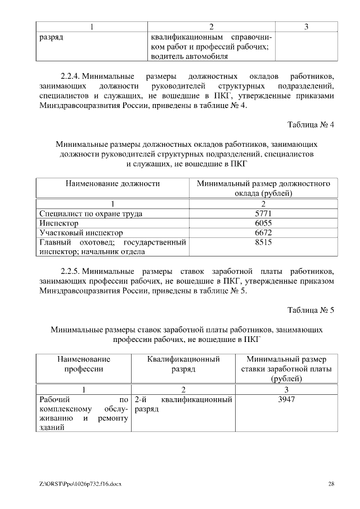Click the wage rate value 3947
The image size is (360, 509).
click(x=286, y=400)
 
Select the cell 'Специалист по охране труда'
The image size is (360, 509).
click(x=91, y=214)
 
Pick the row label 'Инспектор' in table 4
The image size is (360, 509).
click(x=58, y=223)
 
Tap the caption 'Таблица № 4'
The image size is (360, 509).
click(x=310, y=125)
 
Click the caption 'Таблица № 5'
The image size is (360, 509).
click(x=310, y=310)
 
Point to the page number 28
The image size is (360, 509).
click(x=331, y=484)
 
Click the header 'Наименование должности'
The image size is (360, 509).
click(x=112, y=183)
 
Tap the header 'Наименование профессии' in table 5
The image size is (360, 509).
click(x=84, y=364)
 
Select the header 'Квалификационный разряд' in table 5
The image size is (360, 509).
click(x=183, y=364)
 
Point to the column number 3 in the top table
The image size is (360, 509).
click(x=305, y=26)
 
